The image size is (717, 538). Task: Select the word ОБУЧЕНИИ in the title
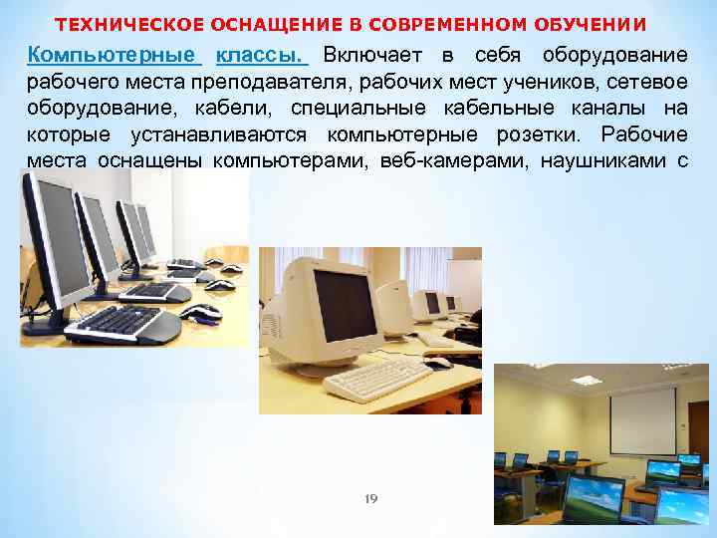point(600,24)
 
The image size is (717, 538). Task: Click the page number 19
point(371,497)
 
